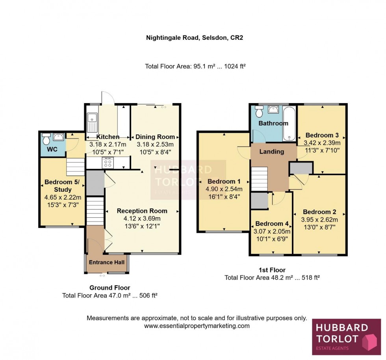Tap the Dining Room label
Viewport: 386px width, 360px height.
(155, 137)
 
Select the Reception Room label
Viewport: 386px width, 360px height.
(142, 211)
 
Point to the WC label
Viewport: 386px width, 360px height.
(52, 150)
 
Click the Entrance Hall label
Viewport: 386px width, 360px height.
(106, 262)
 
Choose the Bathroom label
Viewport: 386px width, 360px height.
(273, 123)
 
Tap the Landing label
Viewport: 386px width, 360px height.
(272, 152)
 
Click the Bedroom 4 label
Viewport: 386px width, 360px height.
(272, 224)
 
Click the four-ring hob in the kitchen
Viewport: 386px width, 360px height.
(108, 163)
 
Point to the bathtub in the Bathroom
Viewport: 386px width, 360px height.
(289, 123)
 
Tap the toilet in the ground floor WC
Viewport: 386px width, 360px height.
(46, 139)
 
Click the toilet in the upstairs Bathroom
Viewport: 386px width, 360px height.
(259, 113)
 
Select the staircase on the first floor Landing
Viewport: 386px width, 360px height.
(259, 178)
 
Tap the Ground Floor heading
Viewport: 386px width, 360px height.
(109, 288)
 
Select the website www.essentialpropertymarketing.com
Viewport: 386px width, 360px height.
(197, 326)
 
